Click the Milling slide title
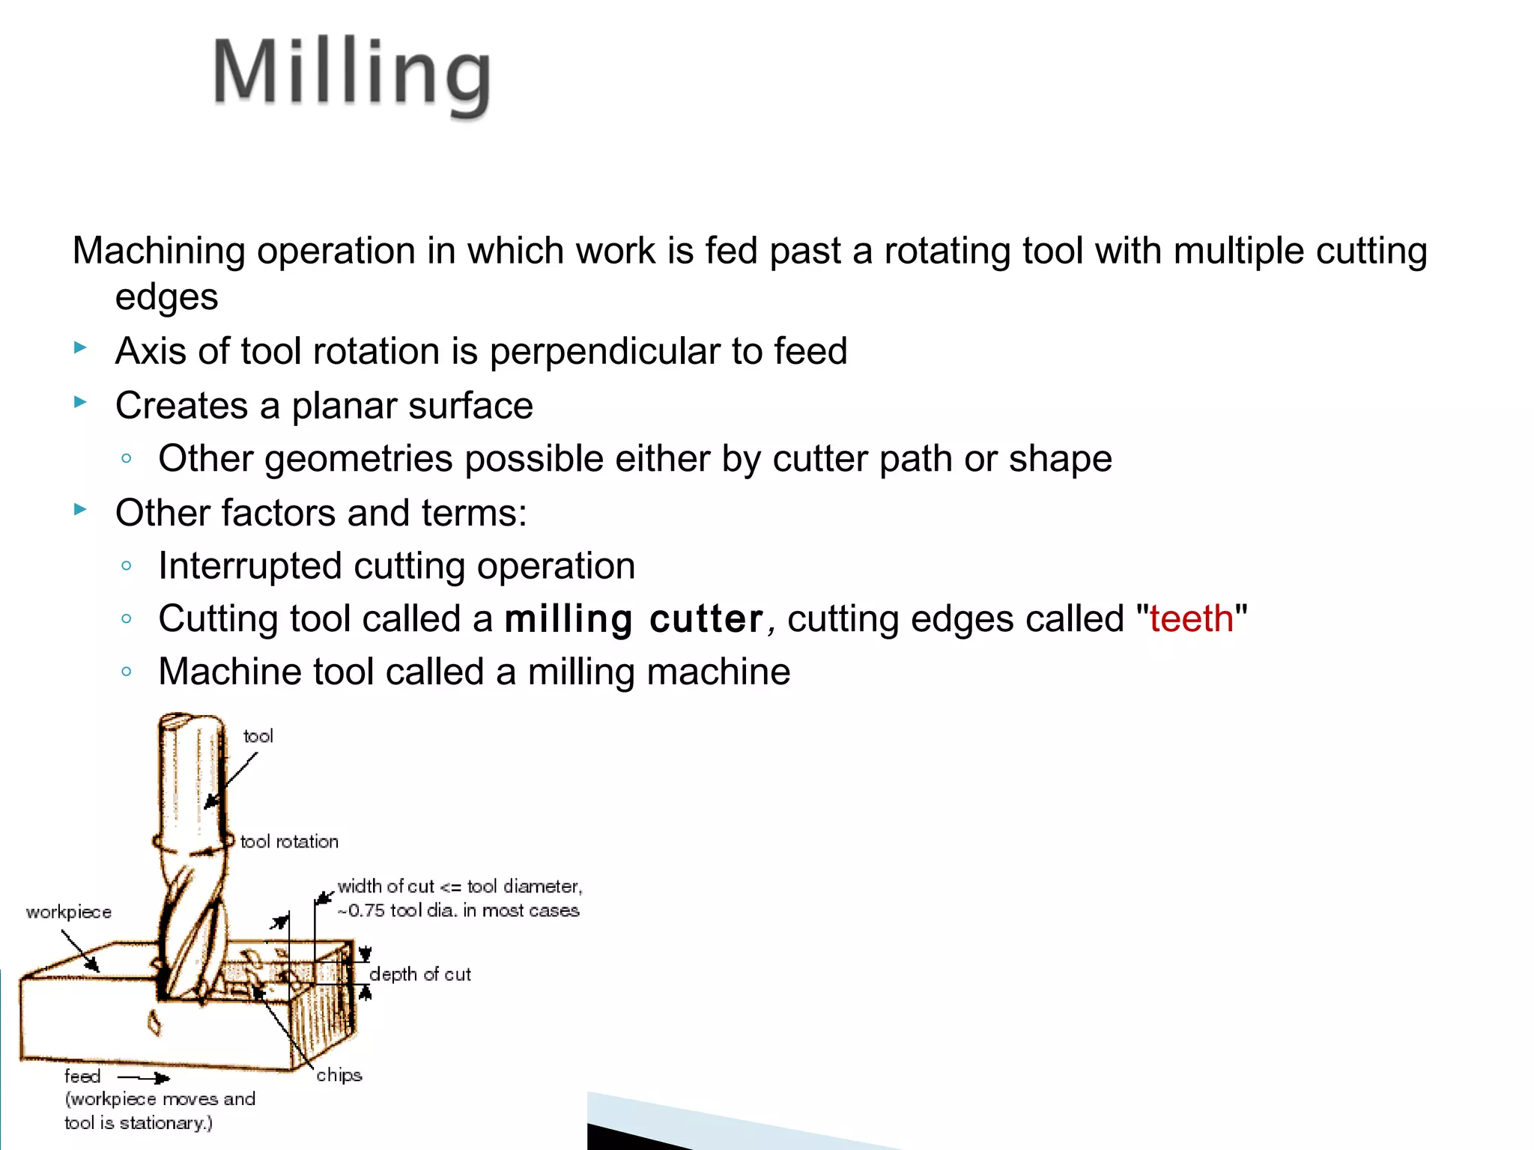352,75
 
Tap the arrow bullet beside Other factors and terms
81,511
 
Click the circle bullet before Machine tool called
127,672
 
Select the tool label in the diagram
258,737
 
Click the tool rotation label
289,842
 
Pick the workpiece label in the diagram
69,913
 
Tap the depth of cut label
420,975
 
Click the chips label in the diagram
339,1076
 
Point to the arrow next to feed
145,1078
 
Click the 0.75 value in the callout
366,911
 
